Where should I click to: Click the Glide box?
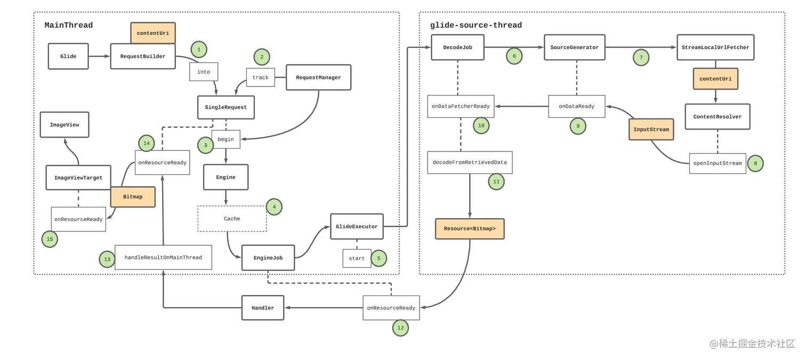68,56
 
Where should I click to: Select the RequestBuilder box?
143,56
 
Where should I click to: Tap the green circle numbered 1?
199,49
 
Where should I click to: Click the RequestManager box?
318,77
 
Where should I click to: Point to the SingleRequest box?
226,107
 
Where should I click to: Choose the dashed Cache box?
232,219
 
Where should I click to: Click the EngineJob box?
268,258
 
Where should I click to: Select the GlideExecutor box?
357,227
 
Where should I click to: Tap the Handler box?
263,308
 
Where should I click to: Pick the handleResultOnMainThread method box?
163,258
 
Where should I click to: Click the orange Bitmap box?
133,197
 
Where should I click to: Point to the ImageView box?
65,125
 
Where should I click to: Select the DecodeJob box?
458,47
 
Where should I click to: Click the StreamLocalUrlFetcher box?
715,47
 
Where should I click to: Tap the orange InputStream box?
651,129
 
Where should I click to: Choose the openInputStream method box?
718,163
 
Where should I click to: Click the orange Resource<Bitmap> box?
470,229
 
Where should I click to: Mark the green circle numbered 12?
400,328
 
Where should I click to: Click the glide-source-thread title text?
476,25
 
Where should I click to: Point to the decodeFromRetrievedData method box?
470,162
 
